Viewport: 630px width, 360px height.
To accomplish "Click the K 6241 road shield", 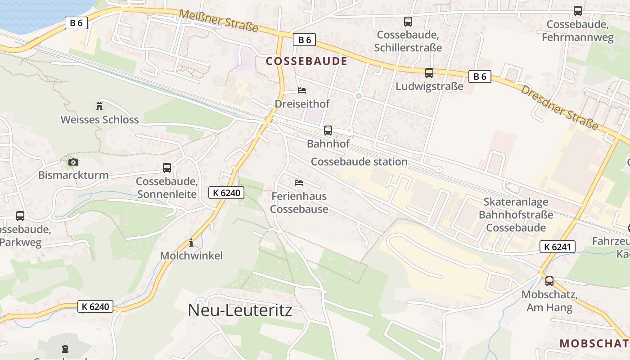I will (557, 246).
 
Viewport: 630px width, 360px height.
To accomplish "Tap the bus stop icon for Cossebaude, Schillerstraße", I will (408, 21).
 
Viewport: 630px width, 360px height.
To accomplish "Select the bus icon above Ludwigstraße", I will (429, 72).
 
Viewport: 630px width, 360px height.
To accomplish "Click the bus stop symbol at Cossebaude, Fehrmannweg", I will (578, 11).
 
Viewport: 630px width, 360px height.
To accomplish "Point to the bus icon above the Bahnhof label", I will (328, 130).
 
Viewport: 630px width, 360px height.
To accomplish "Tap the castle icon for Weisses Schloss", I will (99, 106).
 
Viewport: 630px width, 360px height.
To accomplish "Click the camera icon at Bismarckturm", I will (73, 162).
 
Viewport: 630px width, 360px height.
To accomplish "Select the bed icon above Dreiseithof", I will (302, 91).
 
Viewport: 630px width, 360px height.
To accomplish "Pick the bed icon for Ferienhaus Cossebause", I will (298, 182).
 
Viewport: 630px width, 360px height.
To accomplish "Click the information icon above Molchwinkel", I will (191, 243).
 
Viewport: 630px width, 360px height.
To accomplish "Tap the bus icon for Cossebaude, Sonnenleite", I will (167, 168).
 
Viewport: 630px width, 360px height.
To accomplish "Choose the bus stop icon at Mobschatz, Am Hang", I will (549, 281).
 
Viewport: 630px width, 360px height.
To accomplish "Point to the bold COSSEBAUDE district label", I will (306, 61).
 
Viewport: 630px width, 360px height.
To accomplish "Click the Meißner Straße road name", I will (219, 21).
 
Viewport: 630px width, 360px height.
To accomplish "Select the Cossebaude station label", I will (359, 162).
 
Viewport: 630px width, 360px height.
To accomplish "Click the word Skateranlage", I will (516, 202).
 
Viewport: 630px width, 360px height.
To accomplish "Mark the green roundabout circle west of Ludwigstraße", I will (359, 95).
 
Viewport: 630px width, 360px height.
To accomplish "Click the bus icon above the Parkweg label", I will (20, 216).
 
